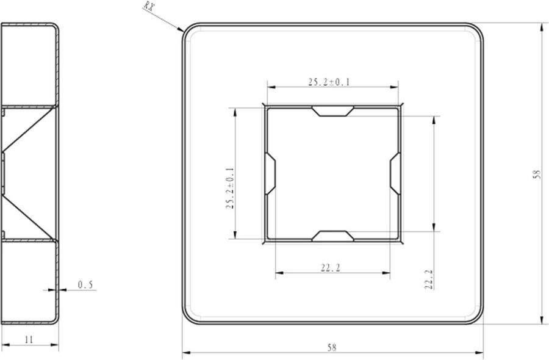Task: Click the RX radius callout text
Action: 149,7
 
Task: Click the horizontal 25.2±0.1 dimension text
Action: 329,82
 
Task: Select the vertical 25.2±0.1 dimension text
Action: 230,189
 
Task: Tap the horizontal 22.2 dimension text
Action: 330,267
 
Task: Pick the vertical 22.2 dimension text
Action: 428,279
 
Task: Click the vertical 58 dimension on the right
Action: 537,174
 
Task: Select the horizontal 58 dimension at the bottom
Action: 332,347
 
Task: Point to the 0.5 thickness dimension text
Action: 86,285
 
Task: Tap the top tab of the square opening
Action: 332,111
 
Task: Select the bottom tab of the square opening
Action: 332,236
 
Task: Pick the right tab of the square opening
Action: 395,173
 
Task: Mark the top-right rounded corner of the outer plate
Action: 476,30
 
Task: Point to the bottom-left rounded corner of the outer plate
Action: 188,317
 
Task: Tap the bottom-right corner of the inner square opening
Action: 399,240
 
